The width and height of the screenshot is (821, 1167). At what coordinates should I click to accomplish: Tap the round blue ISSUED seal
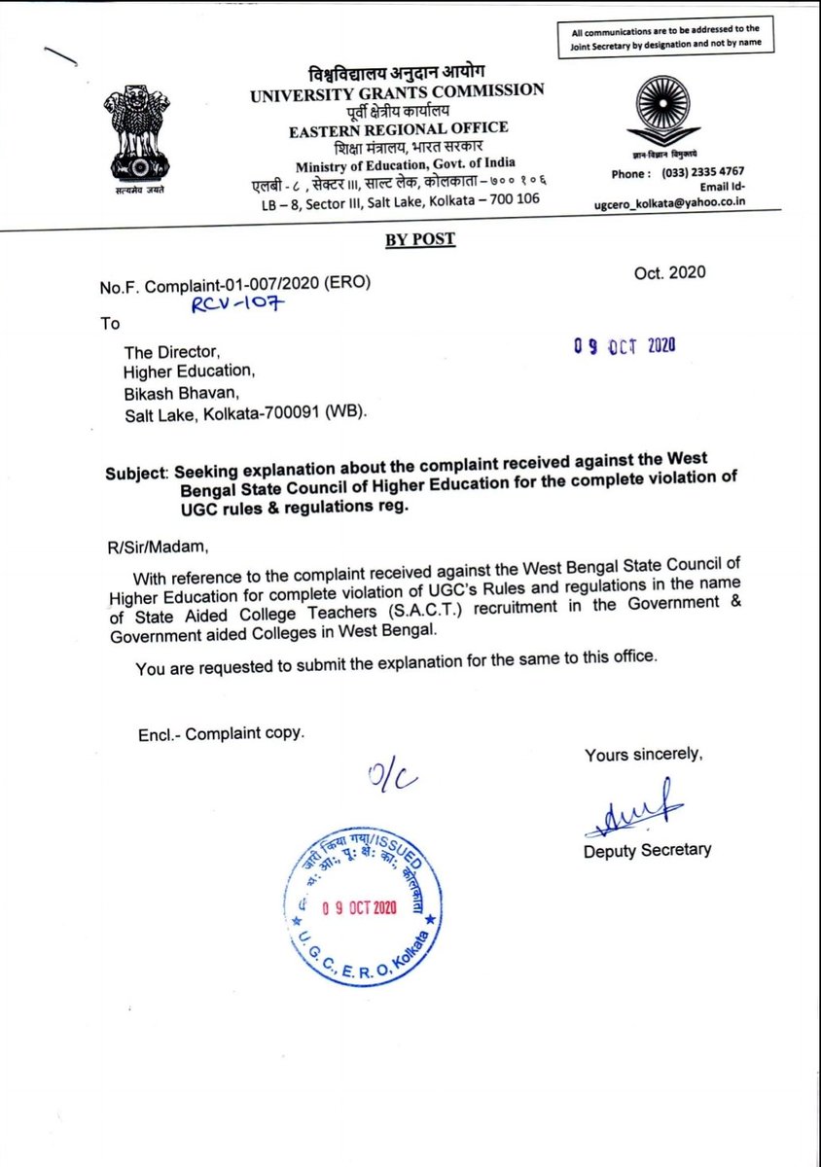(365, 908)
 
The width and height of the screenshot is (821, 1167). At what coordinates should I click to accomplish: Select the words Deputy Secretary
(647, 850)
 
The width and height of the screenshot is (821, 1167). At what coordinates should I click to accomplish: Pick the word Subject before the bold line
(137, 474)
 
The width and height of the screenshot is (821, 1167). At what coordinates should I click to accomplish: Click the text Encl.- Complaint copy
(221, 733)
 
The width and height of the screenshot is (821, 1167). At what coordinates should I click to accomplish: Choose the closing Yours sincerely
(642, 754)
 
